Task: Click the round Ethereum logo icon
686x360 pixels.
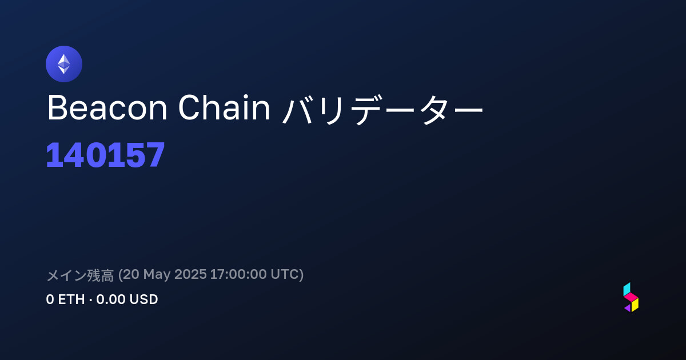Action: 64,64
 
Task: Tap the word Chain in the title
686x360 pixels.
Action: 224,107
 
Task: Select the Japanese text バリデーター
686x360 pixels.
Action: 382,109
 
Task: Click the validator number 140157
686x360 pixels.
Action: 105,155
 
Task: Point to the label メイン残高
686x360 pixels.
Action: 80,275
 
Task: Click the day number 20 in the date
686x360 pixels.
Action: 131,274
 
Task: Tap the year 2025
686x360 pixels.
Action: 190,274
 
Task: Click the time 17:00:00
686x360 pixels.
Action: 238,274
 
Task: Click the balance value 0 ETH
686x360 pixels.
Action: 65,299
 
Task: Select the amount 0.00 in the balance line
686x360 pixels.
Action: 111,299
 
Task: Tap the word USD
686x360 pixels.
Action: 143,299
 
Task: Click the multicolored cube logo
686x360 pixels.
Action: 631,297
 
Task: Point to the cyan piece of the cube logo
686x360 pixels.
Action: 627,289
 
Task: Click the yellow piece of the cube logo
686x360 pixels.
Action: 635,305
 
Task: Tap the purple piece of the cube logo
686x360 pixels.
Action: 628,308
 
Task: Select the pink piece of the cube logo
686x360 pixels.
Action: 631,297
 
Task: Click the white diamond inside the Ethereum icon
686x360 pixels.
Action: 64,64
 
